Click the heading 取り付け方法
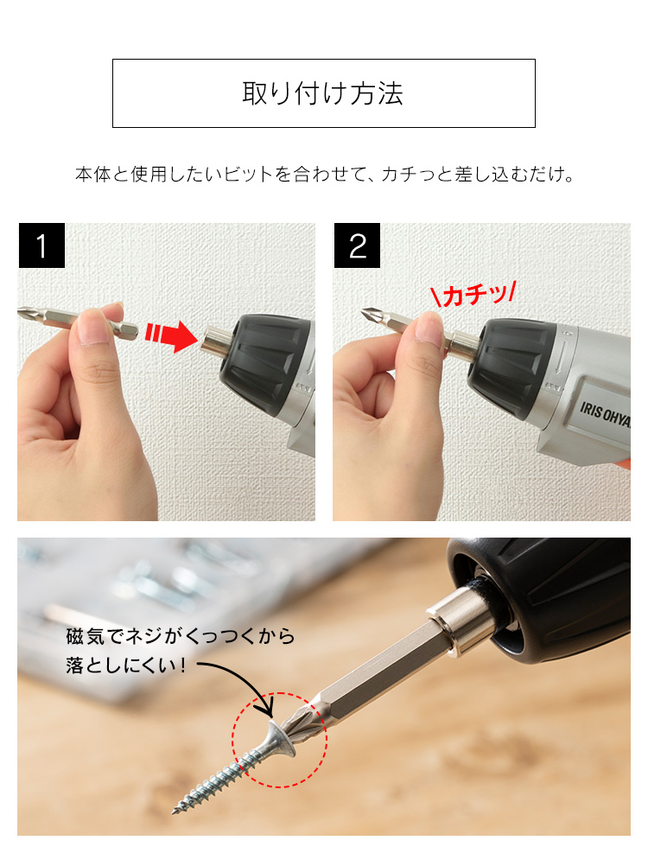tap(323, 93)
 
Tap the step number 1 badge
tap(41, 246)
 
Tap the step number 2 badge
tap(357, 246)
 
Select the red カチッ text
tap(473, 296)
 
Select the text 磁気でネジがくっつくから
tap(180, 638)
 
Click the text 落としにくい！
tap(131, 666)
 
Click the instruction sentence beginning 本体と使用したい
tap(324, 175)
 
